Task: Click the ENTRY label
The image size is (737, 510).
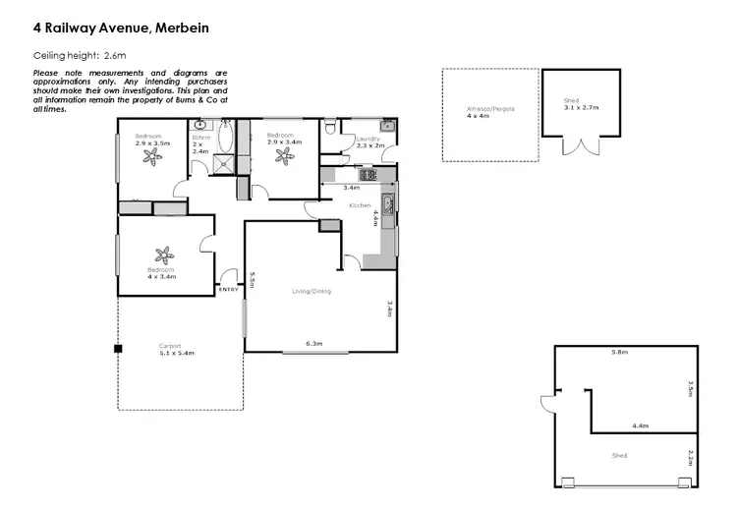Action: [x=228, y=289]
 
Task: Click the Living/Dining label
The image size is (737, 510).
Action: [x=312, y=291]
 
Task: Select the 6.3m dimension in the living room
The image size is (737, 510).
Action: [x=314, y=344]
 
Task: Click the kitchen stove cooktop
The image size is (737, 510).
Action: [x=368, y=175]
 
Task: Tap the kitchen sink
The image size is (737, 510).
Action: [x=389, y=205]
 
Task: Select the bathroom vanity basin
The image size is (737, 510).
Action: [x=200, y=126]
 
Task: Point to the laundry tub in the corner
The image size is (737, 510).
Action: [x=388, y=126]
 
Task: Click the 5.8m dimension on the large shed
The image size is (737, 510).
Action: [x=619, y=352]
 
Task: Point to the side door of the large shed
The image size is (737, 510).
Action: [x=544, y=402]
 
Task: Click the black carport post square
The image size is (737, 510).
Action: [x=117, y=348]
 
